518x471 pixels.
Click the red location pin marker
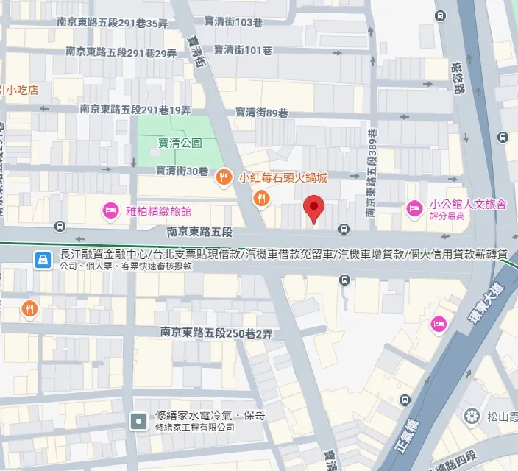pyautogui.click(x=314, y=209)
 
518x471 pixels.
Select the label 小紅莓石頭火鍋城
pyautogui.click(x=283, y=177)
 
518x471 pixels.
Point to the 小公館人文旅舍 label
pyautogui.click(x=468, y=205)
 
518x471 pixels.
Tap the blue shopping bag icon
pyautogui.click(x=43, y=258)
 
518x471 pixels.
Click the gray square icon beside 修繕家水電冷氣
pyautogui.click(x=138, y=421)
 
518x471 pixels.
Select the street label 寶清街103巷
pyautogui.click(x=237, y=23)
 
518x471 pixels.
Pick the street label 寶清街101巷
pyautogui.click(x=243, y=50)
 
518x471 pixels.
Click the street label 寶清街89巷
pyautogui.click(x=261, y=113)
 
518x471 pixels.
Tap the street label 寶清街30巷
pyautogui.click(x=182, y=170)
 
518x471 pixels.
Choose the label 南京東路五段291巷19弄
pyautogui.click(x=135, y=109)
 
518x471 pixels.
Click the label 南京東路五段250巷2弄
pyautogui.click(x=216, y=333)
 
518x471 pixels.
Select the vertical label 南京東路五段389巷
pyautogui.click(x=372, y=172)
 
